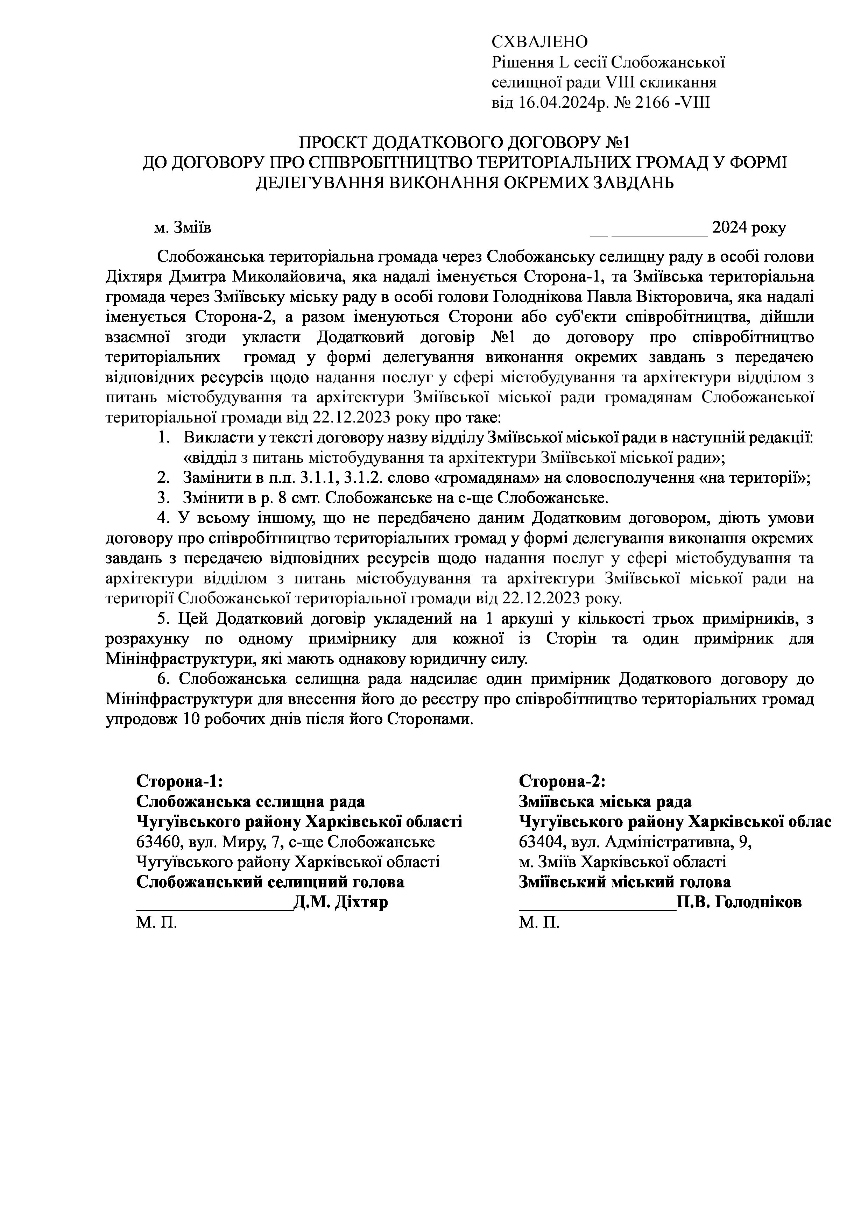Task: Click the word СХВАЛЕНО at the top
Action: coord(539,42)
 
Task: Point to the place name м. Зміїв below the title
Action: coord(183,228)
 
